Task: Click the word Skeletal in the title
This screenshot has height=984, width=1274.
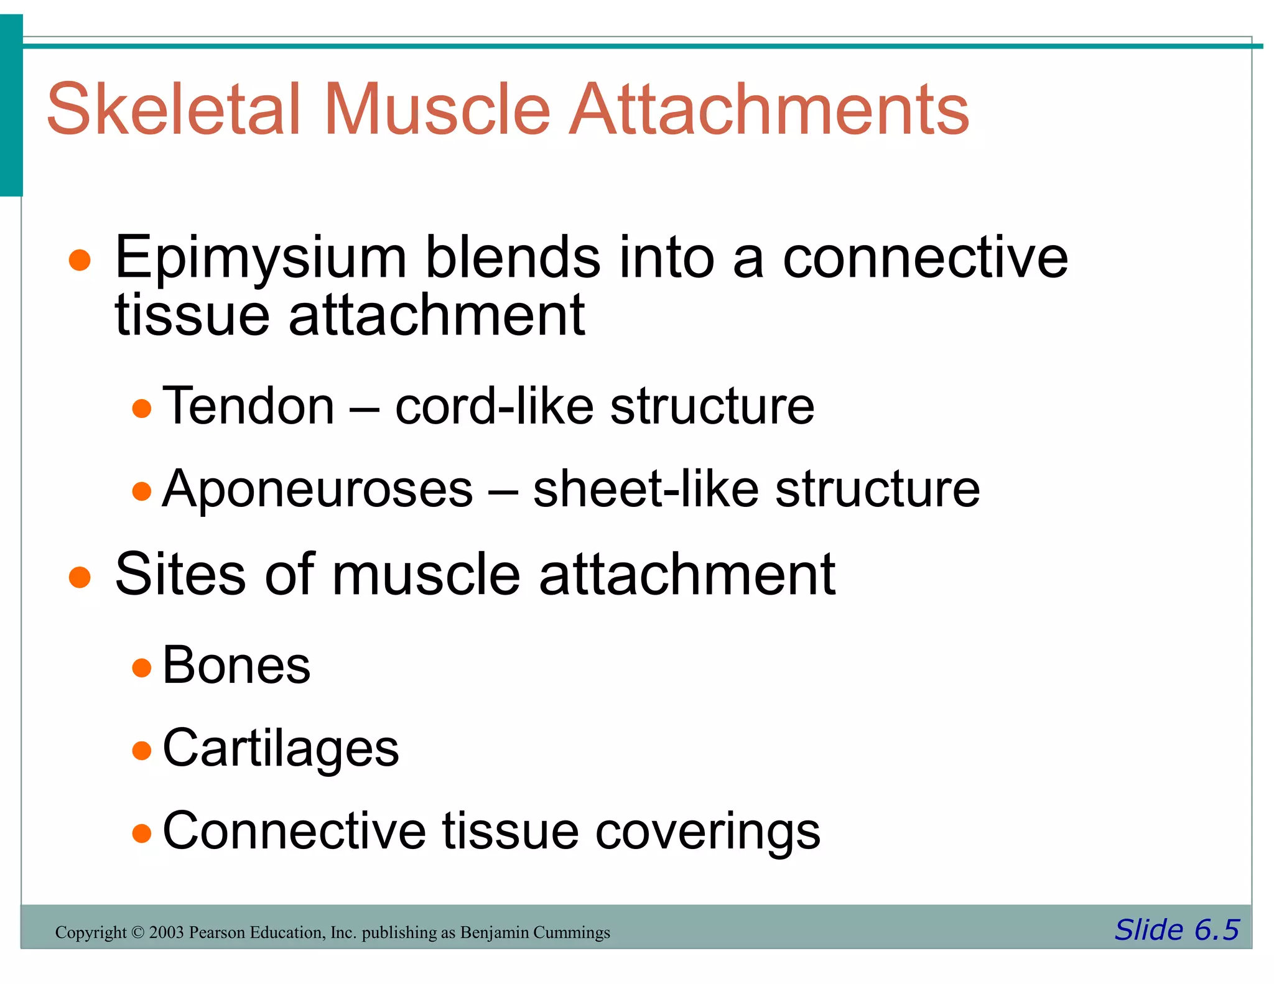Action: coord(174,109)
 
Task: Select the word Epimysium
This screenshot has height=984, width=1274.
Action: coord(261,259)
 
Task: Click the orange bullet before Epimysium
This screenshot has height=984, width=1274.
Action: coord(80,260)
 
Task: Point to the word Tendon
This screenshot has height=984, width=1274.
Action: coord(248,406)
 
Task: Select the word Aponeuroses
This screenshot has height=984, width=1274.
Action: coord(317,489)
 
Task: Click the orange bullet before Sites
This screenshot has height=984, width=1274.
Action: coord(80,577)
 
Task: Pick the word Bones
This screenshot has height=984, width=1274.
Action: coord(236,666)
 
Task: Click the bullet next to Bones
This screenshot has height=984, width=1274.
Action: coord(142,668)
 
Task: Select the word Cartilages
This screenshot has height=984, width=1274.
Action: coord(280,749)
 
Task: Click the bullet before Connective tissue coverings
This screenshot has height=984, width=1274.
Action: coord(142,833)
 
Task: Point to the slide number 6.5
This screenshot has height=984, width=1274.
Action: coord(1216,931)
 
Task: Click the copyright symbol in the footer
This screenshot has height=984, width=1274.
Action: coord(137,932)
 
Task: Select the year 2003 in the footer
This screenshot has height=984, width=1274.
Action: coord(166,932)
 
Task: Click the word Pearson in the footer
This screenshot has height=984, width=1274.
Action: coord(213,932)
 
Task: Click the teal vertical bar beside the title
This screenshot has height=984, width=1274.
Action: coord(11,106)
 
